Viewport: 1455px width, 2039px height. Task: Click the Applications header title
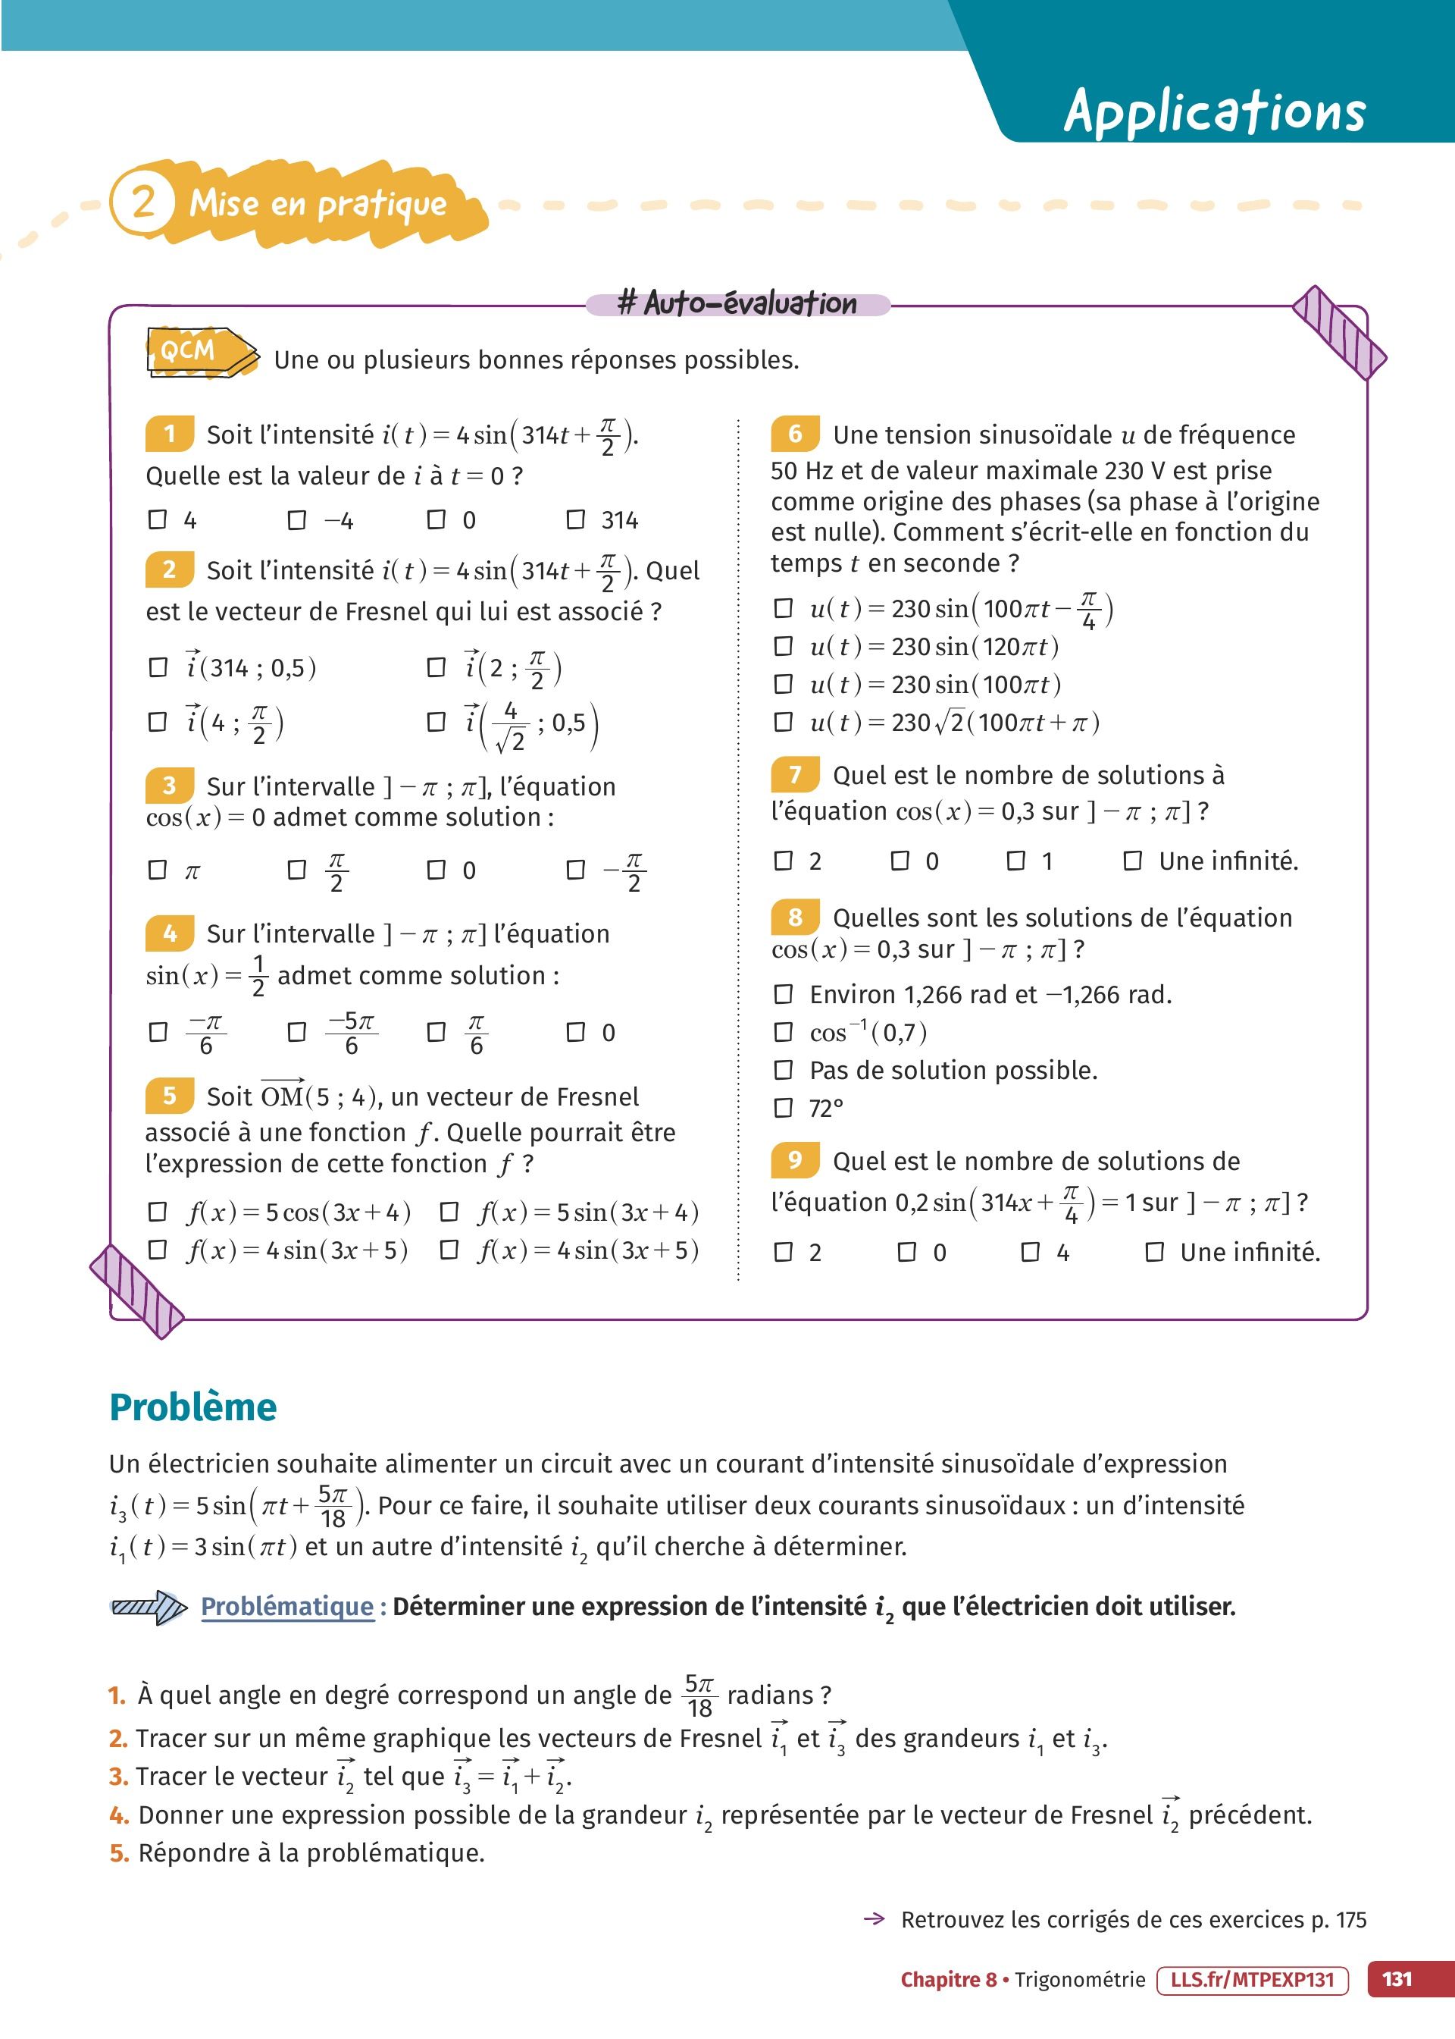[x=1214, y=112]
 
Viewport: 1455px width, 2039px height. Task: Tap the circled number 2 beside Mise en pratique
[x=143, y=202]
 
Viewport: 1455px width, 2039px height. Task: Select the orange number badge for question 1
[x=168, y=434]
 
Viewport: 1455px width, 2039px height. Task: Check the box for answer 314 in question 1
[x=576, y=519]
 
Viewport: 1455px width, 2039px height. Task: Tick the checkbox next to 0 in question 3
[x=436, y=870]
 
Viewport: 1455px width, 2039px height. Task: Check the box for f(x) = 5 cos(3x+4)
[x=158, y=1212]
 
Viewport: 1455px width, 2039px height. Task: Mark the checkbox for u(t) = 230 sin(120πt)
[x=783, y=646]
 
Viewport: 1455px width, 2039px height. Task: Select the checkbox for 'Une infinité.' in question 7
[x=1132, y=861]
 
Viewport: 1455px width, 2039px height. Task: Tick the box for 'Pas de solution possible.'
[x=783, y=1069]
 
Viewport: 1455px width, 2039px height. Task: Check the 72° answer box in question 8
[x=783, y=1108]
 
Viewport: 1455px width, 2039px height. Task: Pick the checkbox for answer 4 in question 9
[x=1031, y=1251]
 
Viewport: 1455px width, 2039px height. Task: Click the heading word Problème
[x=192, y=1407]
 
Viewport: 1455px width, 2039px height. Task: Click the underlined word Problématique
[x=286, y=1606]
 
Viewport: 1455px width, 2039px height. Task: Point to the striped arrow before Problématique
[x=148, y=1607]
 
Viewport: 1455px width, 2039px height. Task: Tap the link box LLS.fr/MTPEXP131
[x=1252, y=1979]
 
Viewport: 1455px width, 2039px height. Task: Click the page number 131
[x=1397, y=1979]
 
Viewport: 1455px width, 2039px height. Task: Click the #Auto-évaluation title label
[x=737, y=304]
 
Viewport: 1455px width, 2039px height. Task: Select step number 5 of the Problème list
[x=118, y=1852]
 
